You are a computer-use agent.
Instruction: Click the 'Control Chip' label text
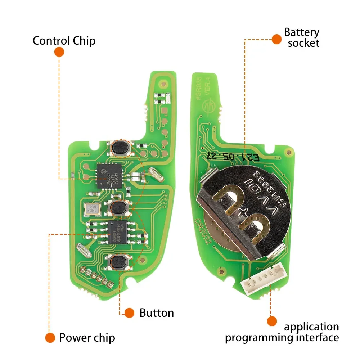click(64, 40)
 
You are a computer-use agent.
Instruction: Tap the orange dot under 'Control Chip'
click(59, 52)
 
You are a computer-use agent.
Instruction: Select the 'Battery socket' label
click(301, 37)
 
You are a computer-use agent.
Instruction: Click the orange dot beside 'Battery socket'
click(276, 39)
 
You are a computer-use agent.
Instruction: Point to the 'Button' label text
click(157, 313)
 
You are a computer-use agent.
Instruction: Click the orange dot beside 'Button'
click(129, 313)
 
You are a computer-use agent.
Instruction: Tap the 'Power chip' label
click(87, 338)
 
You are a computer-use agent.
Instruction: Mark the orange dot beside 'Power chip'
click(50, 338)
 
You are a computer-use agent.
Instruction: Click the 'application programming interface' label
click(282, 332)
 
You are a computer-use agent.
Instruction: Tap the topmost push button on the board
click(119, 147)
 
